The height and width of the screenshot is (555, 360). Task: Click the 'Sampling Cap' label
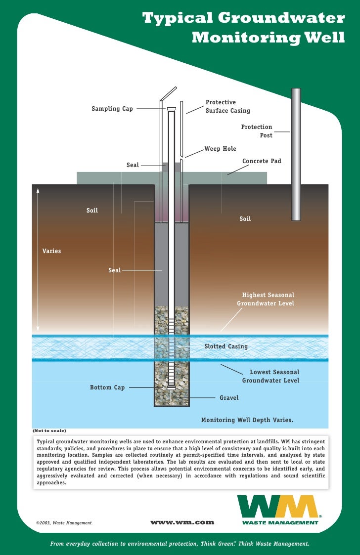click(112, 109)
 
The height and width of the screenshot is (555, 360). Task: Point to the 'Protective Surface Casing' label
click(227, 107)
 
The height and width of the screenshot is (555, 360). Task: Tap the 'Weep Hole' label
click(221, 149)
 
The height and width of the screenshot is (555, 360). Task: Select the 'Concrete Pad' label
click(262, 161)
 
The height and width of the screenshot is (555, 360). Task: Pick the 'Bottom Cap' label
click(107, 387)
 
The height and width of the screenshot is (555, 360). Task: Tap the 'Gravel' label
click(229, 397)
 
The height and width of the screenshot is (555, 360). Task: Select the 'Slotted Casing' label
click(226, 346)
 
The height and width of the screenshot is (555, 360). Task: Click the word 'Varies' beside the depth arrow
click(52, 251)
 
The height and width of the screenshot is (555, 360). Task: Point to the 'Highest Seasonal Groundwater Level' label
click(266, 299)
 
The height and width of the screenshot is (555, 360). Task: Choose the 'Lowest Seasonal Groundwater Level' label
click(271, 376)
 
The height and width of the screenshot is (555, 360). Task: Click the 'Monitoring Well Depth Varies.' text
click(247, 420)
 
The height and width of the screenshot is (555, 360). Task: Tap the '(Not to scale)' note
click(49, 430)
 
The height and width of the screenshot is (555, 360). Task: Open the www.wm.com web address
click(182, 522)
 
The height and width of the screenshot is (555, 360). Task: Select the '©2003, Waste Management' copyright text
click(64, 522)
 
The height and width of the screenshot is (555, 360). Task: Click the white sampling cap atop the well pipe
click(172, 109)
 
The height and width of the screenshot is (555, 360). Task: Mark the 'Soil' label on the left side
click(92, 211)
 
